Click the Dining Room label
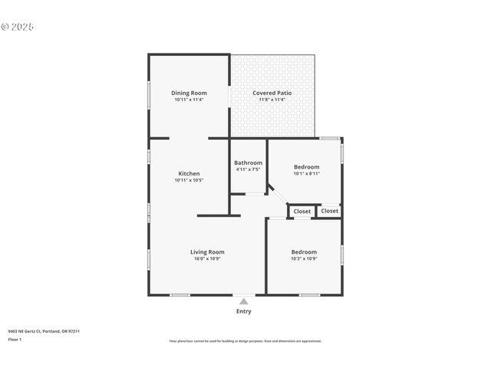[x=189, y=93]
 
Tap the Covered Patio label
[x=272, y=93]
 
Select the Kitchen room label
[x=189, y=173]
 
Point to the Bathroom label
[x=248, y=163]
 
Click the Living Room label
[x=207, y=251]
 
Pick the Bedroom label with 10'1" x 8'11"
[x=306, y=166]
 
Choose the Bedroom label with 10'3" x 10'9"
[x=304, y=251]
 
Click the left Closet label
[x=302, y=211]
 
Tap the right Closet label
[x=330, y=211]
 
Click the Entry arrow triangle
[x=244, y=301]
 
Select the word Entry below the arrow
[x=244, y=311]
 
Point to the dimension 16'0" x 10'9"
[x=207, y=259]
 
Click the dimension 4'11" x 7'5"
[x=248, y=169]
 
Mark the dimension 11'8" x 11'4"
[x=272, y=100]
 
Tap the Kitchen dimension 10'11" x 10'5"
[x=189, y=180]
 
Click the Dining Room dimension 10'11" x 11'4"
[x=189, y=100]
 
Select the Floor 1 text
[x=15, y=339]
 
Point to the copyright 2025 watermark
[x=18, y=26]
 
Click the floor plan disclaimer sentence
[x=245, y=341]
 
